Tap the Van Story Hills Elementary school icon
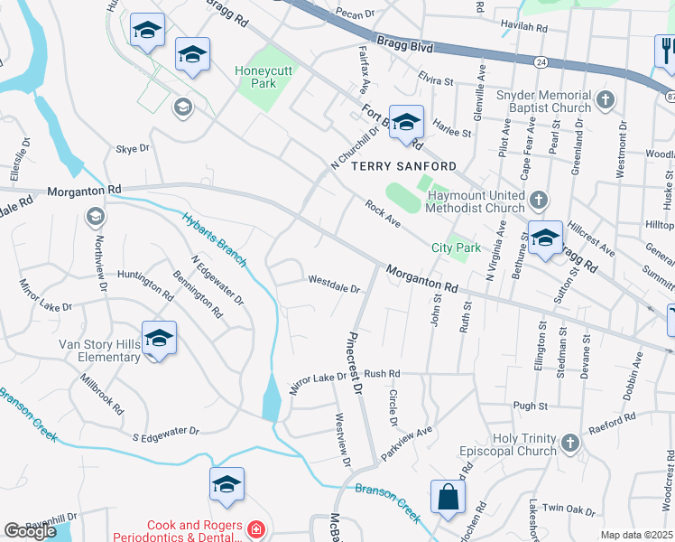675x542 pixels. click(x=159, y=339)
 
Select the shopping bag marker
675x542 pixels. click(x=448, y=497)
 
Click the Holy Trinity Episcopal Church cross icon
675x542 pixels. click(x=569, y=443)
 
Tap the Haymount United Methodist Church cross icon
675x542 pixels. click(x=539, y=199)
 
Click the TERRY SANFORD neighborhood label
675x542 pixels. click(x=403, y=166)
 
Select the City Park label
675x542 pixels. click(x=456, y=248)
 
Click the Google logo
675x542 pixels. click(x=30, y=531)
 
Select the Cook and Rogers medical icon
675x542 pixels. click(x=256, y=528)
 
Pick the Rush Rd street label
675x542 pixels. click(x=382, y=373)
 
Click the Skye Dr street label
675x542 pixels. click(x=132, y=148)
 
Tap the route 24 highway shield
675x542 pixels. click(x=540, y=62)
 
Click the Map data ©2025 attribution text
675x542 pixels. click(x=637, y=535)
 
